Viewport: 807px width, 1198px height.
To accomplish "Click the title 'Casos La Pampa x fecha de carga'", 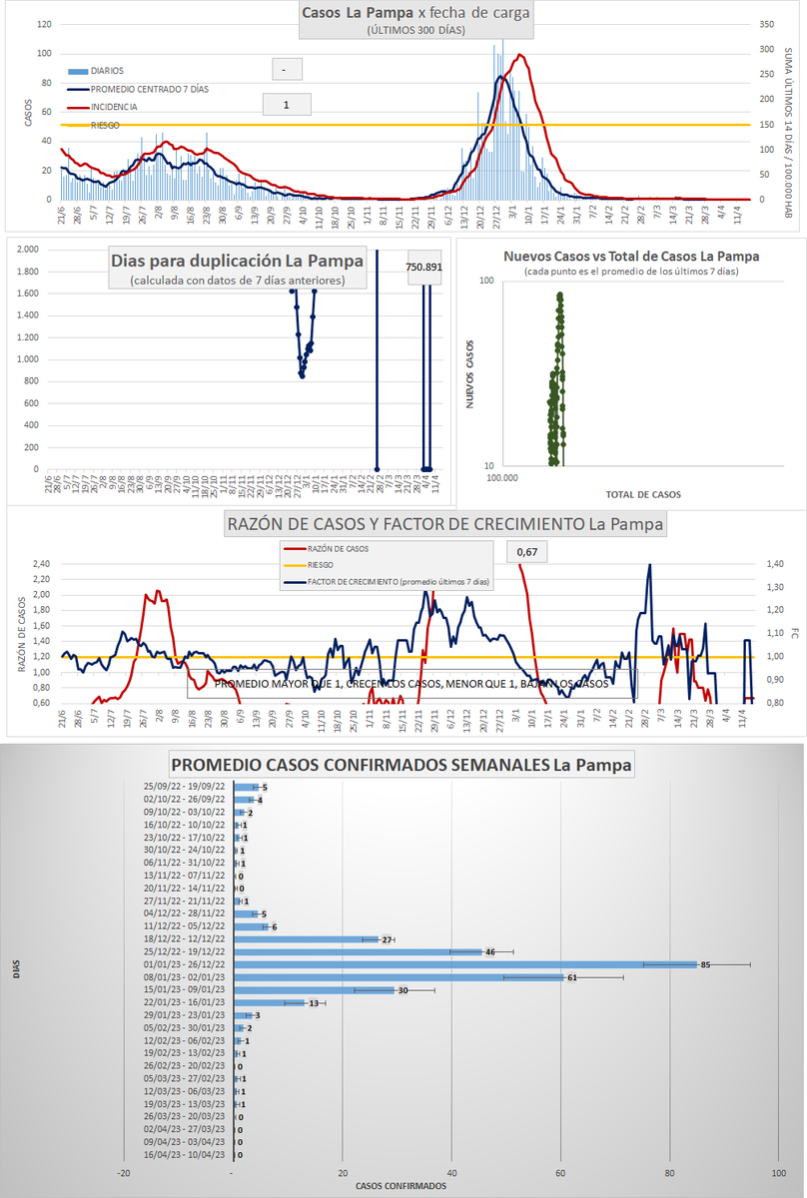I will coord(415,13).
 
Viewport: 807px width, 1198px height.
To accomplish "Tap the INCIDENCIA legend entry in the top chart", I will coord(114,107).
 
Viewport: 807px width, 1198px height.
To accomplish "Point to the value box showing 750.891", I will coord(424,268).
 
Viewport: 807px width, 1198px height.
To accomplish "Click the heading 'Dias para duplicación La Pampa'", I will coord(237,261).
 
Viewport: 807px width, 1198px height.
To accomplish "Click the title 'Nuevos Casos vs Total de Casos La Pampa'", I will coord(631,257).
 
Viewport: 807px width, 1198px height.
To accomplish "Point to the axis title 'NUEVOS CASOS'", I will coord(470,373).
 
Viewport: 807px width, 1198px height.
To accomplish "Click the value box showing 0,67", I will coord(528,551).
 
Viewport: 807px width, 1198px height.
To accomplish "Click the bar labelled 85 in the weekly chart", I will coord(464,964).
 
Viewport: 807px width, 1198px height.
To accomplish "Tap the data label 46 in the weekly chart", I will coord(490,952).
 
